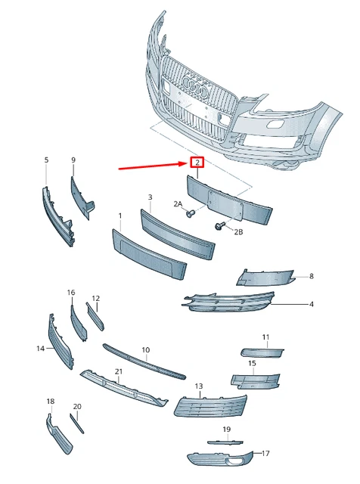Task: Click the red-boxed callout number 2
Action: (x=197, y=163)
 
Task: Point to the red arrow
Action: (x=151, y=166)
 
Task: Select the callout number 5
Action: (x=45, y=160)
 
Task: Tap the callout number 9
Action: (x=73, y=160)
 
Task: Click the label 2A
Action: (x=178, y=204)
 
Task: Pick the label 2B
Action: (x=238, y=231)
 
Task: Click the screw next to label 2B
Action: (x=220, y=225)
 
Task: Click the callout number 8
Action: (x=311, y=277)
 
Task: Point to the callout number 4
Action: (x=311, y=304)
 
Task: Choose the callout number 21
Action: (x=119, y=371)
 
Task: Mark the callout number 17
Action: (x=265, y=454)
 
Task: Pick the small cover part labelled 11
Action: (x=262, y=352)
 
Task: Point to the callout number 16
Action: (x=71, y=292)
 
